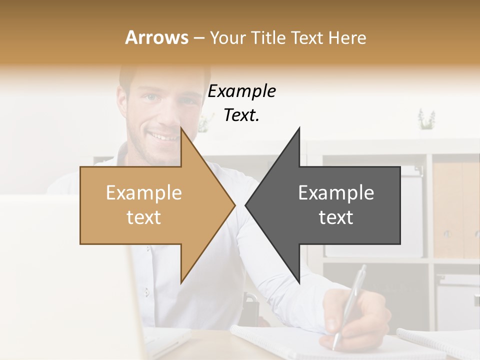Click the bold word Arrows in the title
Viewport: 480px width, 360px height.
tap(156, 37)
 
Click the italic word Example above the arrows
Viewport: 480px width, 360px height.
tap(241, 91)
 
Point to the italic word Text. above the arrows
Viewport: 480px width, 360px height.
tap(241, 115)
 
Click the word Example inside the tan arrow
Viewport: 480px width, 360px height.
tap(143, 193)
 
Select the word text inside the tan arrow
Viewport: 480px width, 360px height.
tap(143, 217)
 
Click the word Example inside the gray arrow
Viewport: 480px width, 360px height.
tap(336, 193)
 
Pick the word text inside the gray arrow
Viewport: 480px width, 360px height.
tap(336, 217)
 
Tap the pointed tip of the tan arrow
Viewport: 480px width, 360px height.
tap(234, 205)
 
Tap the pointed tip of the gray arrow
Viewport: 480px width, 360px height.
tap(246, 205)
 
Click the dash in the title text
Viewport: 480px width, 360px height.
tap(198, 38)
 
